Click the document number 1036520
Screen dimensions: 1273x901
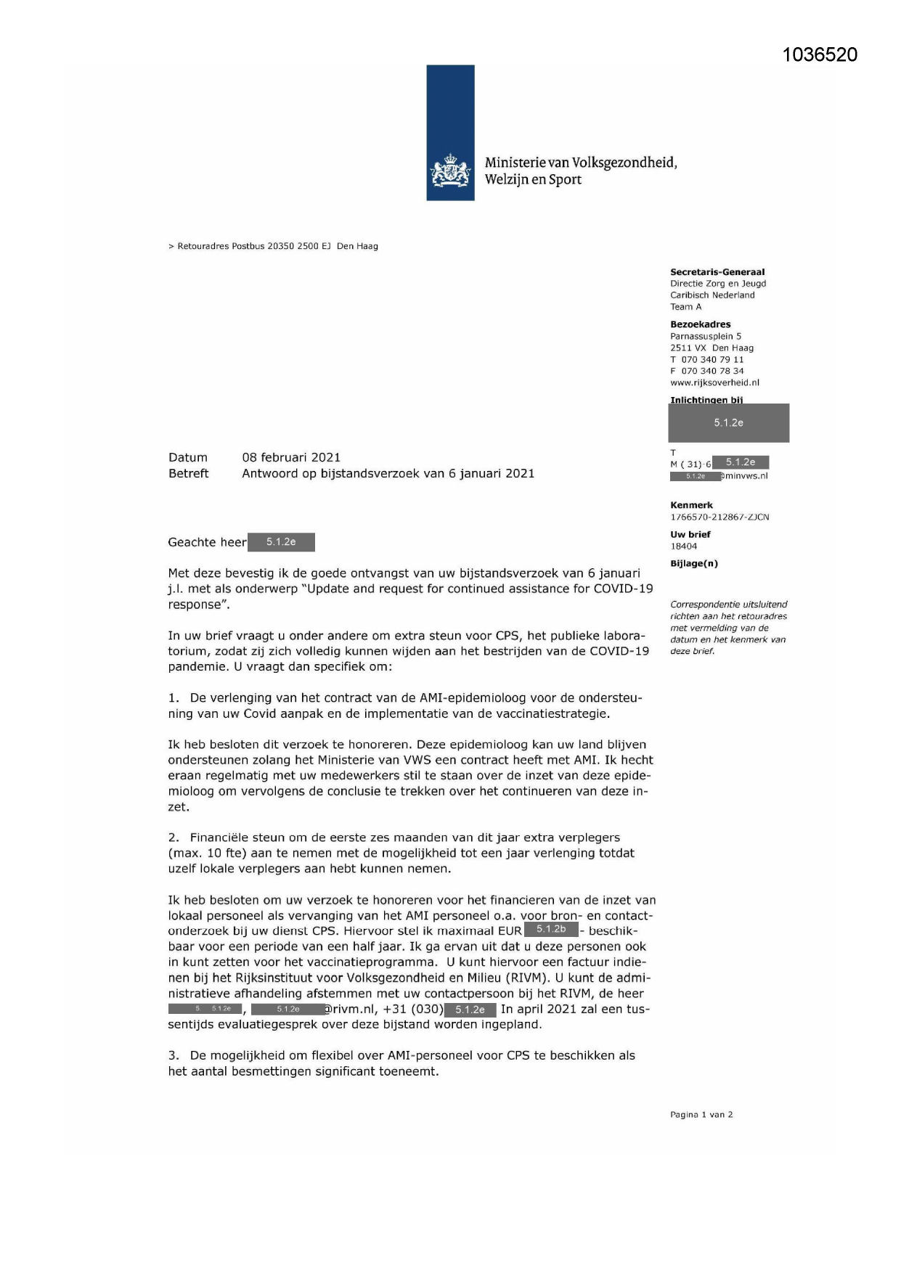click(820, 55)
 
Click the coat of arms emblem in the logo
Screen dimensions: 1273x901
click(450, 172)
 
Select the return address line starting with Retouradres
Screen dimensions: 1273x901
click(273, 246)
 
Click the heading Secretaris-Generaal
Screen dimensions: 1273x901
click(717, 272)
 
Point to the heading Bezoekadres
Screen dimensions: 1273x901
click(700, 324)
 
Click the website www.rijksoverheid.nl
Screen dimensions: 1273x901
click(714, 382)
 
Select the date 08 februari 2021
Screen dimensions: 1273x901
click(291, 457)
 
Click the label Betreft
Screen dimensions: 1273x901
click(188, 473)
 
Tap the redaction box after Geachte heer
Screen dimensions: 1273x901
click(281, 542)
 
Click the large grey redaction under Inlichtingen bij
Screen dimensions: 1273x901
click(728, 423)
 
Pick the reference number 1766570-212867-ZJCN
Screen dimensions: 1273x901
click(719, 517)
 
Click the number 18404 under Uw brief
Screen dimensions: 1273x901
click(683, 547)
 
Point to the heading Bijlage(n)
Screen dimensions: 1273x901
click(693, 563)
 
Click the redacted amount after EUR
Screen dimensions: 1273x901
click(551, 930)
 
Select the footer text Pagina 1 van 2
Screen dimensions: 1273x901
click(701, 1115)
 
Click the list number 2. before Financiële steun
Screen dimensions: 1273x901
click(174, 838)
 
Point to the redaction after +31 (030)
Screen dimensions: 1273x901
click(470, 1010)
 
